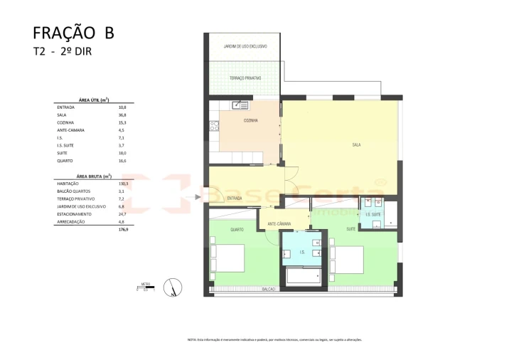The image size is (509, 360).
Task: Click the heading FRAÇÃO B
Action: click(x=73, y=33)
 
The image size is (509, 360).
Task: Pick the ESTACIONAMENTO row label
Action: click(x=73, y=214)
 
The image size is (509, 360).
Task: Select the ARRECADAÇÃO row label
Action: click(x=70, y=222)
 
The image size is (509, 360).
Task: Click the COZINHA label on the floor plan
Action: click(x=250, y=121)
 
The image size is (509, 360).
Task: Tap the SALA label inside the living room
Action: click(x=355, y=144)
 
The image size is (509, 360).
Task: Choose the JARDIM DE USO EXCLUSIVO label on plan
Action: click(x=245, y=46)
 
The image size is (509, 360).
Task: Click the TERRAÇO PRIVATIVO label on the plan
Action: click(x=245, y=78)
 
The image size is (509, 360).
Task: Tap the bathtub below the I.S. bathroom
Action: click(x=303, y=276)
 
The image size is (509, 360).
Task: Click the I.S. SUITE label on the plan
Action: click(x=374, y=214)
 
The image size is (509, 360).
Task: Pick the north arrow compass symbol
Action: click(x=170, y=287)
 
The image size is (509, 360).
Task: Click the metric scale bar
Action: click(x=146, y=289)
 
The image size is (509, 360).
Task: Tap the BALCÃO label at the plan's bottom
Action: click(x=269, y=290)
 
